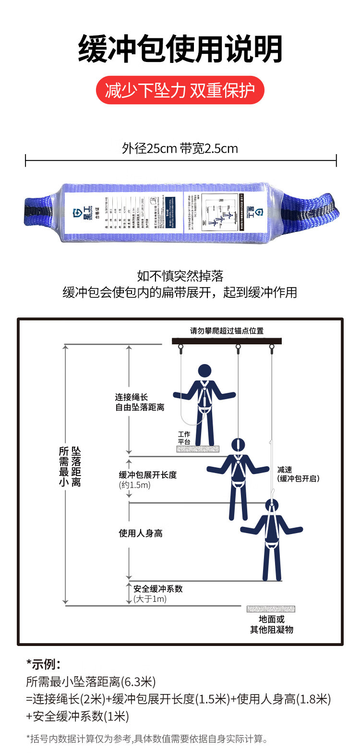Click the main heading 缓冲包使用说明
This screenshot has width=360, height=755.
(x=180, y=49)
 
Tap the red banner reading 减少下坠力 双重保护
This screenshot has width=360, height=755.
(x=180, y=90)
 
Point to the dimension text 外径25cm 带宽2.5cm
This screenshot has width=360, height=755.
(x=180, y=148)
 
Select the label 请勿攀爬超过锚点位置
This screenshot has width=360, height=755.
(x=227, y=331)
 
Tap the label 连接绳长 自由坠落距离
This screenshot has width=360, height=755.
(x=139, y=402)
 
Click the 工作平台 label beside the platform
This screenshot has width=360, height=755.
(x=184, y=438)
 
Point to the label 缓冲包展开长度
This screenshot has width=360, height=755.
(x=148, y=475)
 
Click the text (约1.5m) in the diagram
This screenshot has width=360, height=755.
(x=135, y=485)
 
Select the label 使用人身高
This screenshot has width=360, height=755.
(x=141, y=533)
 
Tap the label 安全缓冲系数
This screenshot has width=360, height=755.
(x=158, y=589)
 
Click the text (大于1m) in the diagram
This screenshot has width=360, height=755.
(x=150, y=599)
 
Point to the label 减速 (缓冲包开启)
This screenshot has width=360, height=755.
(x=298, y=474)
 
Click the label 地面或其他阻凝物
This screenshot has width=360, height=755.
(x=271, y=624)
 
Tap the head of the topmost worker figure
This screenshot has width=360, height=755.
(x=205, y=371)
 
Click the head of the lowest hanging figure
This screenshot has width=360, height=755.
(x=272, y=506)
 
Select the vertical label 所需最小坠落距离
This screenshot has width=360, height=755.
(x=70, y=467)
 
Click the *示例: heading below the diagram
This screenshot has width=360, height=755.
(x=43, y=664)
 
